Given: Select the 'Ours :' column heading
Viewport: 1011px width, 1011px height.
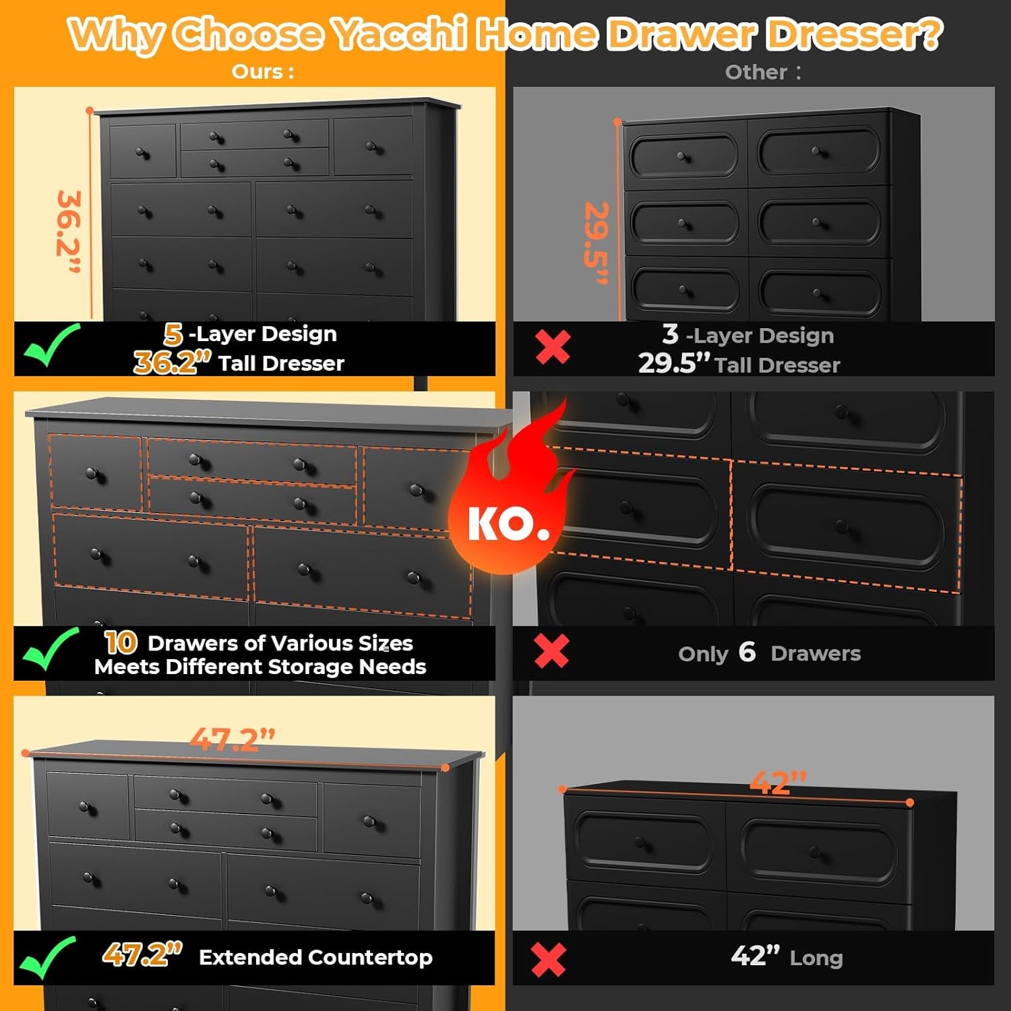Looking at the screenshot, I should (263, 71).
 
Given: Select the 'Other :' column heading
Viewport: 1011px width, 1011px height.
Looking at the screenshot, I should (762, 72).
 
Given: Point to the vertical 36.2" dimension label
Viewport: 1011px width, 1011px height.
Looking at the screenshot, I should (69, 232).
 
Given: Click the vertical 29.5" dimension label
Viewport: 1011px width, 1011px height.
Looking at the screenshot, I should (596, 243).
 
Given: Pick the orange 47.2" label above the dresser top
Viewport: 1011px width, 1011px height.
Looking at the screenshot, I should (233, 739).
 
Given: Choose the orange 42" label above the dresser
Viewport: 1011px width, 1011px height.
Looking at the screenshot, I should (778, 782).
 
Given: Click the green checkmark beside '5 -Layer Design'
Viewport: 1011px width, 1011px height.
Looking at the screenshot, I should (51, 344).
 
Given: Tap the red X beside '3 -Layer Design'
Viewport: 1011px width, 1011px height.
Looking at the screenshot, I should (553, 347).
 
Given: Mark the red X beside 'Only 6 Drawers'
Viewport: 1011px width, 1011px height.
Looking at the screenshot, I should (551, 651).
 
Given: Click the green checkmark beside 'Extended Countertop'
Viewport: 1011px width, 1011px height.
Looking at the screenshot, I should (47, 957).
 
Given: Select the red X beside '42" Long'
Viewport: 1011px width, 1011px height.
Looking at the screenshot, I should (548, 959).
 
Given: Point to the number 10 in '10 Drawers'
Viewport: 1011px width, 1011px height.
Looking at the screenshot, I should (121, 642).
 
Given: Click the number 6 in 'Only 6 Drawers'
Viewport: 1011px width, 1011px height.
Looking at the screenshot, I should (747, 652).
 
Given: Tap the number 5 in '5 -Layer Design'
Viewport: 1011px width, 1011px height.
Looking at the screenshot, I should (173, 334).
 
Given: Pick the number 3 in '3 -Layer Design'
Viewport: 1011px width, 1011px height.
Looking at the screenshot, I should (670, 334).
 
